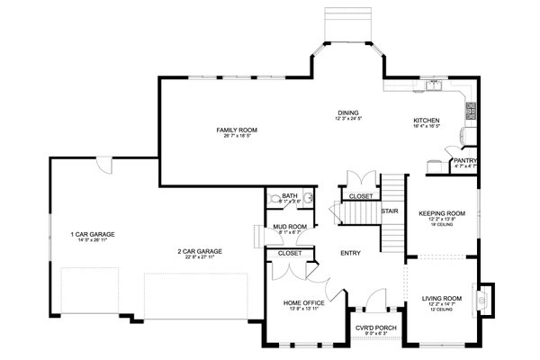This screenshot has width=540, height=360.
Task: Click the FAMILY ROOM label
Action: click(231, 130)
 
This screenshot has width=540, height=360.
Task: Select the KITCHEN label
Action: click(426, 120)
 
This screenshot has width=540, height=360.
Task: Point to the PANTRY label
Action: click(465, 160)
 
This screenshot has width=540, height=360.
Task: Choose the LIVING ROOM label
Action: click(441, 298)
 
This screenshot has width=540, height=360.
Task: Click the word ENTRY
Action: click(350, 253)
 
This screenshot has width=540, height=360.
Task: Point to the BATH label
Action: click(289, 194)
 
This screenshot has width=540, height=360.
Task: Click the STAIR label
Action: click(390, 211)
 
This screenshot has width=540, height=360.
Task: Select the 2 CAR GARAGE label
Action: click(199, 251)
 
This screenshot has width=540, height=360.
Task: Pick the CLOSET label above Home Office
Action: click(290, 254)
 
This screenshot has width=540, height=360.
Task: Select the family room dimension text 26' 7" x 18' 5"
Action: click(231, 137)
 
